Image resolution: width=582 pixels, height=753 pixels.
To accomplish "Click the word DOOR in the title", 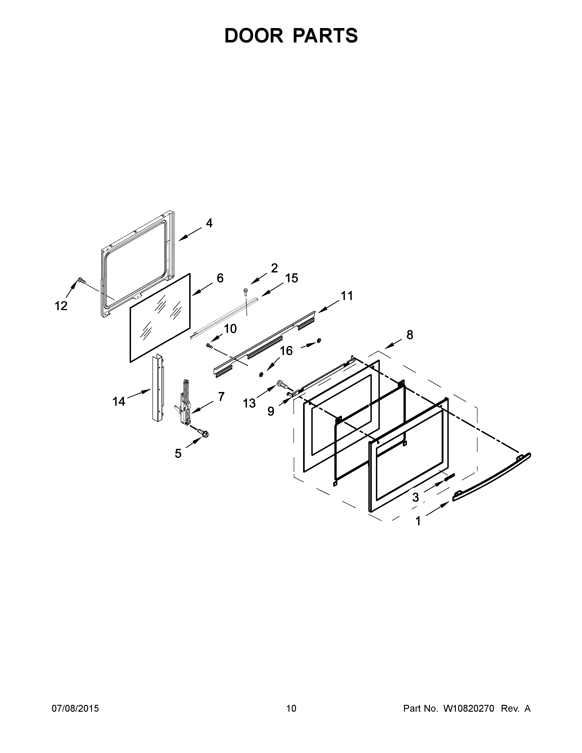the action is (253, 36).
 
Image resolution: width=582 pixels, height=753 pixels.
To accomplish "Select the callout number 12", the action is (61, 306).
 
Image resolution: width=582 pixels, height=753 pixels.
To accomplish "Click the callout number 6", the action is (220, 278).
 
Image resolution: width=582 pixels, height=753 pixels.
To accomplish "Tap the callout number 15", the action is (291, 278).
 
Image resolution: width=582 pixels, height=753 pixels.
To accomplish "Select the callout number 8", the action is (409, 335).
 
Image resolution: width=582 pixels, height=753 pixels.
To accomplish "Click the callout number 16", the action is (286, 351).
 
